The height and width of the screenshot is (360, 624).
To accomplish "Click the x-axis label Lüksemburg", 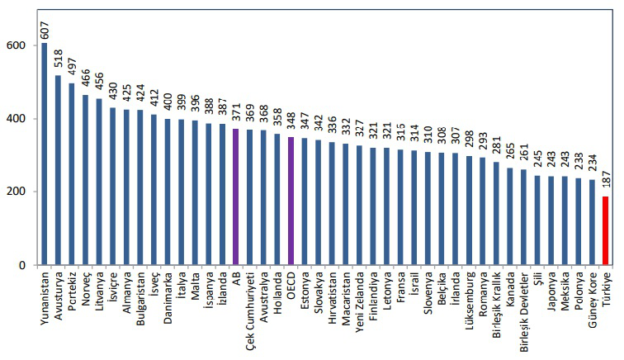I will (x=469, y=301).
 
